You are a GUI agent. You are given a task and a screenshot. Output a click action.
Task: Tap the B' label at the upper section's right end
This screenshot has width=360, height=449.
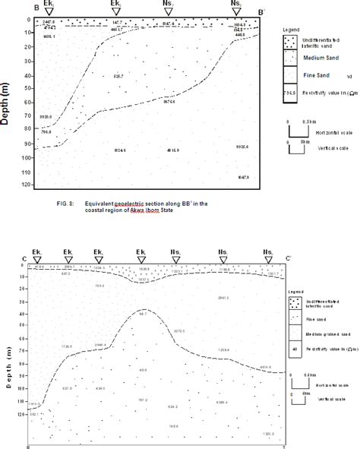click(261, 12)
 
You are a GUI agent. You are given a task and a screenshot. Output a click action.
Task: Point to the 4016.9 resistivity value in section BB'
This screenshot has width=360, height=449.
click(173, 151)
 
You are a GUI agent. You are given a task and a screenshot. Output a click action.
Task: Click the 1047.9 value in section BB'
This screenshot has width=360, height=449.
click(242, 177)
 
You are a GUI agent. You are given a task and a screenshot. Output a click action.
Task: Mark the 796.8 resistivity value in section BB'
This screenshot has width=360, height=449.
click(46, 132)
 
